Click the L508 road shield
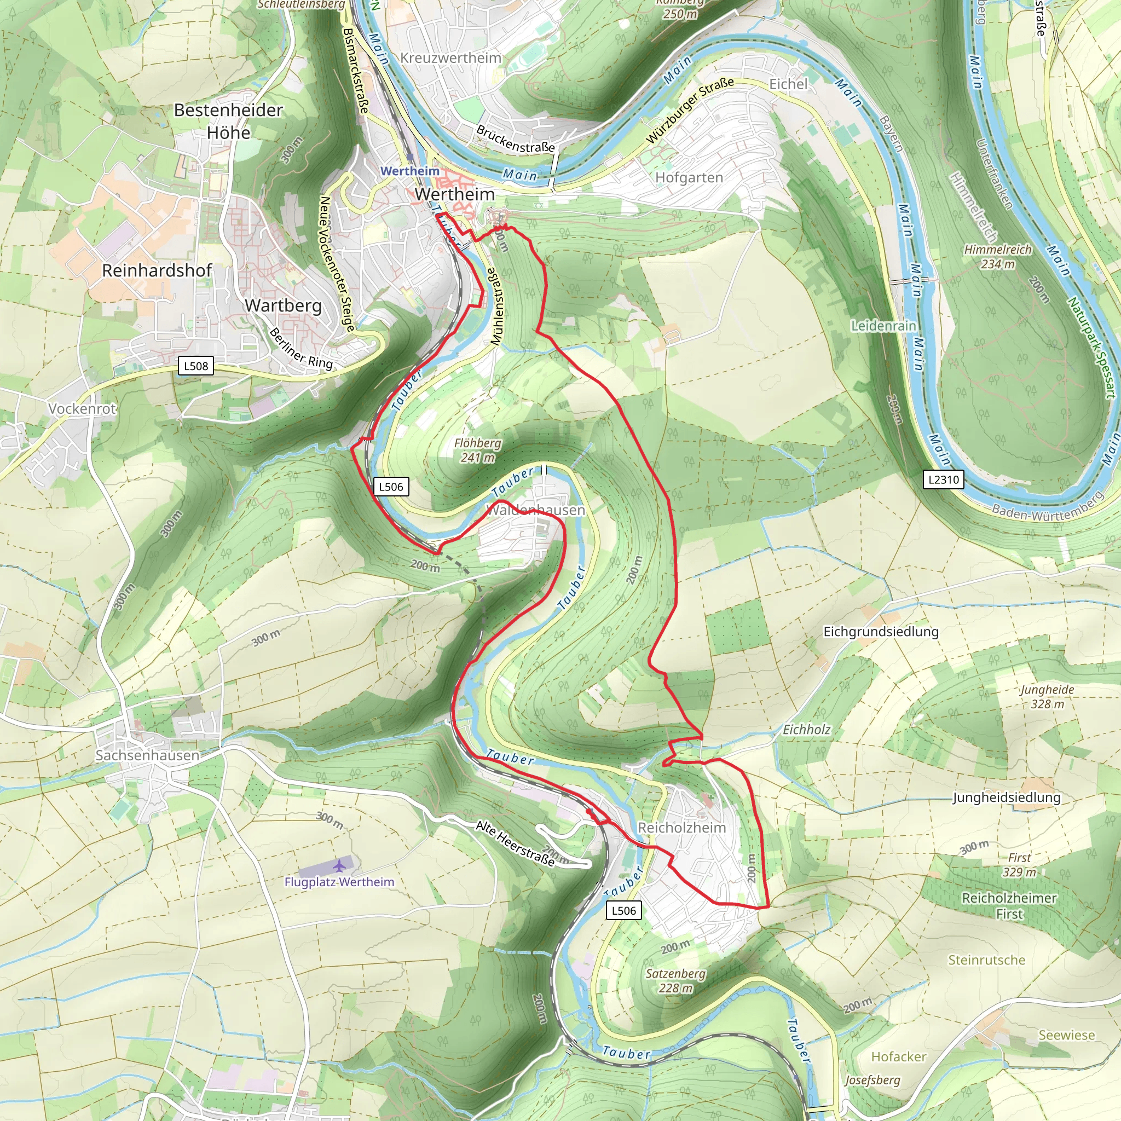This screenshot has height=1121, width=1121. pyautogui.click(x=195, y=366)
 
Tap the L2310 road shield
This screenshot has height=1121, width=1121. pyautogui.click(x=944, y=479)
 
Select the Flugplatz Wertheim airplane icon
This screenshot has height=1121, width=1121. pyautogui.click(x=339, y=866)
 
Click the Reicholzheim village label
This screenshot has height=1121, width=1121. pyautogui.click(x=682, y=828)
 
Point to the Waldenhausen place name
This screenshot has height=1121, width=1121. pyautogui.click(x=535, y=510)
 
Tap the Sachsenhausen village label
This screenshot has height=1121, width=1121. pyautogui.click(x=147, y=755)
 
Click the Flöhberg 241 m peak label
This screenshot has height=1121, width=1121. pyautogui.click(x=477, y=450)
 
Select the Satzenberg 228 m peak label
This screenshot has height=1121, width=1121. pyautogui.click(x=675, y=980)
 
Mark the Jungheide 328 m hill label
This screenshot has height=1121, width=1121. pyautogui.click(x=1047, y=696)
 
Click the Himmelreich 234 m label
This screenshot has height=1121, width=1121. pyautogui.click(x=998, y=257)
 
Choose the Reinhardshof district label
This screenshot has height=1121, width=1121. pyautogui.click(x=157, y=270)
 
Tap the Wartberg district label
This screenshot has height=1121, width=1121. pyautogui.click(x=283, y=305)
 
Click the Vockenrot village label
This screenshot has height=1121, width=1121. pyautogui.click(x=83, y=408)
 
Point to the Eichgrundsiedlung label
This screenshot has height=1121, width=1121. pyautogui.click(x=881, y=631)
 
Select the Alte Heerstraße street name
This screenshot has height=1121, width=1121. pyautogui.click(x=515, y=843)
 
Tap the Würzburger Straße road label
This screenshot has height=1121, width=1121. pyautogui.click(x=690, y=110)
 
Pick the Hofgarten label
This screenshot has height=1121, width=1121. pyautogui.click(x=689, y=177)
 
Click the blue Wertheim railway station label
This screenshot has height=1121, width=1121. pyautogui.click(x=409, y=171)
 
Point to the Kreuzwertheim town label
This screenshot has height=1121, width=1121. pyautogui.click(x=451, y=58)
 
